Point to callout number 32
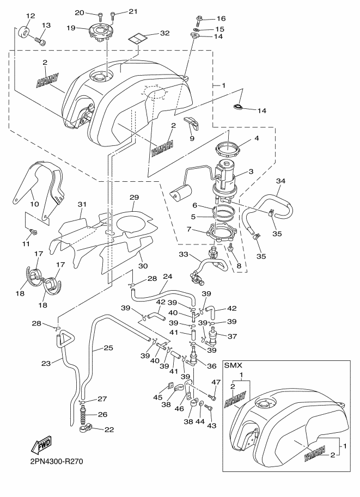tap(164, 33)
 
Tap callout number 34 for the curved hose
tap(280, 181)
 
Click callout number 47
tap(215, 383)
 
